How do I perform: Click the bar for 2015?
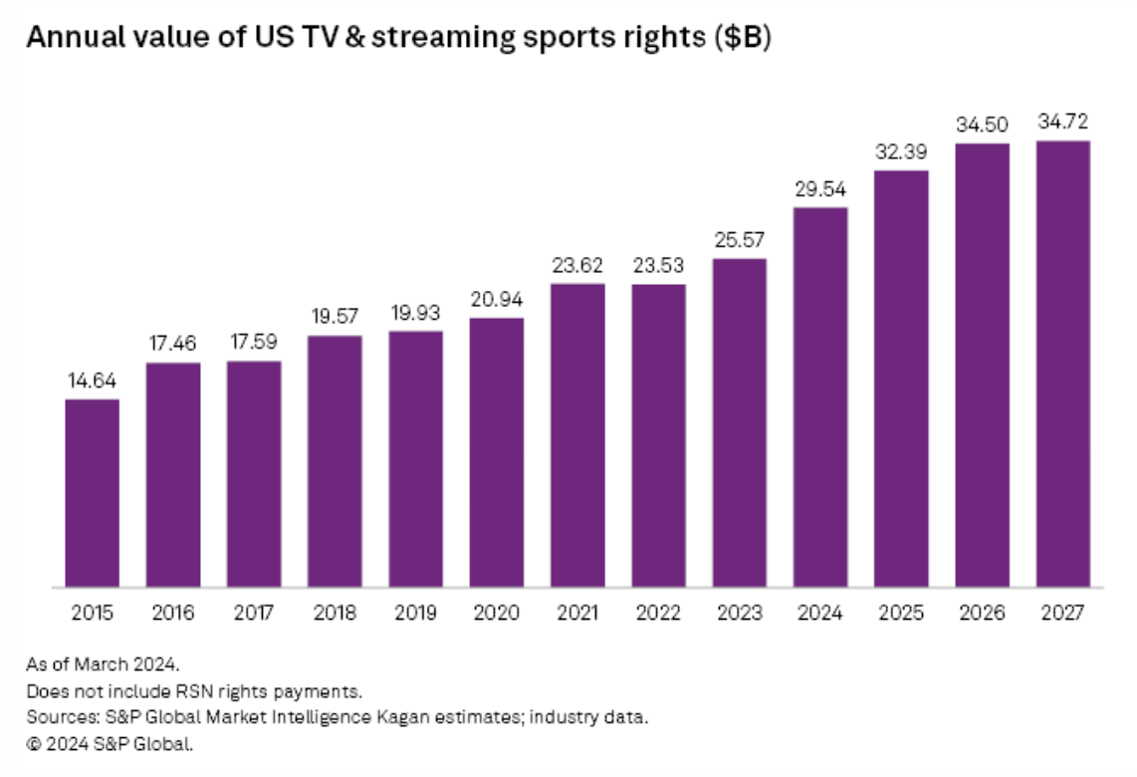[x=93, y=493]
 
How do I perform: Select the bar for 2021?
[x=577, y=435]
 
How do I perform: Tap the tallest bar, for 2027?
[x=1063, y=364]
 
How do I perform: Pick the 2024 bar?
[x=820, y=396]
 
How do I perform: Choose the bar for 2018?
[x=335, y=461]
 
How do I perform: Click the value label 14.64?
[x=93, y=382]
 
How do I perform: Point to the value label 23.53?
[x=658, y=266]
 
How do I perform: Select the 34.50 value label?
[x=982, y=125]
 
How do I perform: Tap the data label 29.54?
[x=820, y=189]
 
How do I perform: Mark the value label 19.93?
[x=415, y=313]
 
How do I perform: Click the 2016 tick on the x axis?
[x=173, y=612]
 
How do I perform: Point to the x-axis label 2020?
[x=497, y=612]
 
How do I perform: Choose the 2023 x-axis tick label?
[x=740, y=612]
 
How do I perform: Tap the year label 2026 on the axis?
[x=982, y=612]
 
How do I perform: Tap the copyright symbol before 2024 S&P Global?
[x=33, y=743]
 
